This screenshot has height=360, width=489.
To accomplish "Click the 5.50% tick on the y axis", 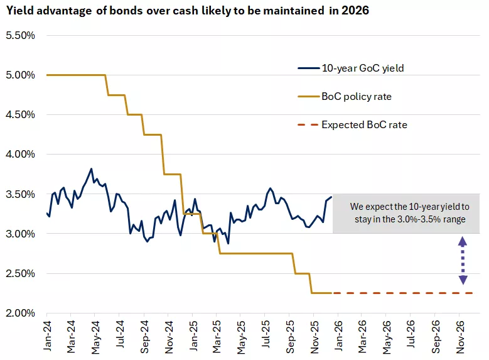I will tap(20, 35).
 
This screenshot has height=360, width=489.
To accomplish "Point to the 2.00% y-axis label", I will tap(20, 313).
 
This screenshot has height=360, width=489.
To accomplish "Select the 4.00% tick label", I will tap(20, 154).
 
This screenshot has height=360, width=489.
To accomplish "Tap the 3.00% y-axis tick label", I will tap(20, 234).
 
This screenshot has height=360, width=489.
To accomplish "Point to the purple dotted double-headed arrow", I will tap(463, 260).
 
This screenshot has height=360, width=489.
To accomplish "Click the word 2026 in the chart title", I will tap(357, 11).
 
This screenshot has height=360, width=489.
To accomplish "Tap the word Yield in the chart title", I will tap(19, 11).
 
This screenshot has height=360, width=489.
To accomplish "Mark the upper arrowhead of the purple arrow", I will tap(463, 241).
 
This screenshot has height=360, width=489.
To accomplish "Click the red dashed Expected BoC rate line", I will tap(402, 293).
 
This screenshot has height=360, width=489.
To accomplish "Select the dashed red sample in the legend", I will tap(308, 124).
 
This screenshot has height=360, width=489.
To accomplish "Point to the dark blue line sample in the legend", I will tap(308, 68).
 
